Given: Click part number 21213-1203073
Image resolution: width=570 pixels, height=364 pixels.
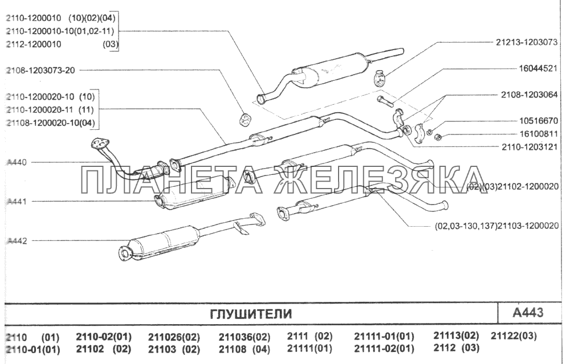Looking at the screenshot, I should [526, 42].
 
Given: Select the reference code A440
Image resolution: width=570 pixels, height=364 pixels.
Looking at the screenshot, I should [17, 162].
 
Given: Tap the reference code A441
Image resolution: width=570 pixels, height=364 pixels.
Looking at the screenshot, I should [17, 202].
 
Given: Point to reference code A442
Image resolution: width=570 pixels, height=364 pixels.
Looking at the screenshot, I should [17, 241].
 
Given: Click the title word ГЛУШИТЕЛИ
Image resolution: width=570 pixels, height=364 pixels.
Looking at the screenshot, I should [251, 314].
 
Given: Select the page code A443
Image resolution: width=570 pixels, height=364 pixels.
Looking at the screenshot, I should [528, 313].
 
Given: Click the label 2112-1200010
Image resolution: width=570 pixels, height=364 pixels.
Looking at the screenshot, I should [34, 44].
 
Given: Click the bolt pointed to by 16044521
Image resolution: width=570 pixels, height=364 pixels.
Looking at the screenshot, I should [385, 103].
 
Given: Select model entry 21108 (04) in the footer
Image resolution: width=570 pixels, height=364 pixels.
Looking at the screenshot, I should [244, 349].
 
